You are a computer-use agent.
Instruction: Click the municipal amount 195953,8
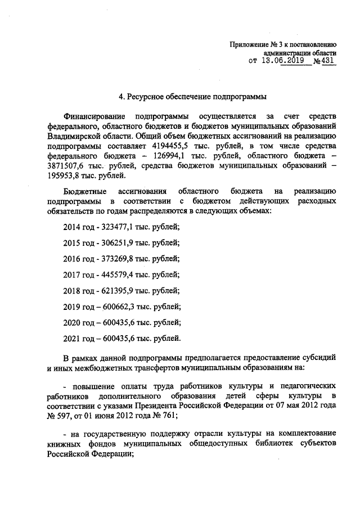coord(66,177)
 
